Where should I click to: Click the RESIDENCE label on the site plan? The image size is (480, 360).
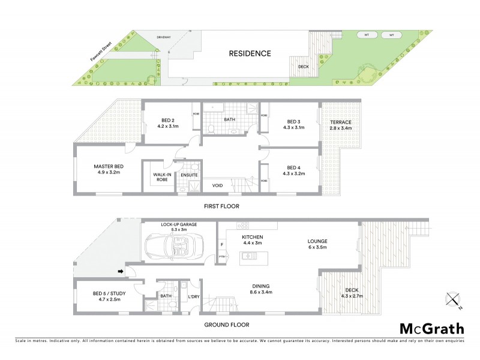pos(250,53)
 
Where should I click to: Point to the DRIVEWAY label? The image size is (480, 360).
pos(164,37)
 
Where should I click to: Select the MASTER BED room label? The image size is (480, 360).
pos(109,169)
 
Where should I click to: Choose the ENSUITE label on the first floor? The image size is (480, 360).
pos(190,175)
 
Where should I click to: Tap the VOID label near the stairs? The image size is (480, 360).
pos(217,185)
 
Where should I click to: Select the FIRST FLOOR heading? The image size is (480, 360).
pos(221,206)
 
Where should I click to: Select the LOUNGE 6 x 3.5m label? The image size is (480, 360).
pos(318,244)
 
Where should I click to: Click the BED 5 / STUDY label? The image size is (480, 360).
pos(107,294)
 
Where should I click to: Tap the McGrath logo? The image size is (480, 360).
pos(431,328)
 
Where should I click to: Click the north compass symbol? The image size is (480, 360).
pos(453,299)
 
